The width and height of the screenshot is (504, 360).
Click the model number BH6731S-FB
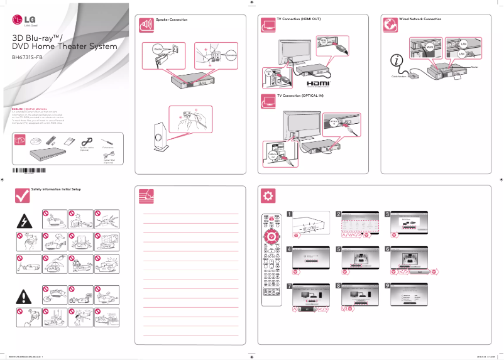tap(28, 57)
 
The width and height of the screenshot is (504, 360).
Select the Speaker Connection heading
tap(172, 20)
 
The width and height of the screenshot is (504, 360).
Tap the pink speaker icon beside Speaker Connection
tap(146, 25)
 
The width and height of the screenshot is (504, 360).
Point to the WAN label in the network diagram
tap(430, 47)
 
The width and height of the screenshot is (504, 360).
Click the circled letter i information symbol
tap(397, 61)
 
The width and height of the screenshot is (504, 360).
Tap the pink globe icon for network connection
tap(390, 25)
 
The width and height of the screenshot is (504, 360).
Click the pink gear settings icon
tap(268, 195)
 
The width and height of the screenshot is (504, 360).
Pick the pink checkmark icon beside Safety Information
tap(22, 195)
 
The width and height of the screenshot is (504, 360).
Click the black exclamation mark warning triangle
tap(25, 296)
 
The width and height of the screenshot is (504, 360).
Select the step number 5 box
tap(339, 249)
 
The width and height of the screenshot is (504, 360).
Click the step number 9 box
tap(388, 285)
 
